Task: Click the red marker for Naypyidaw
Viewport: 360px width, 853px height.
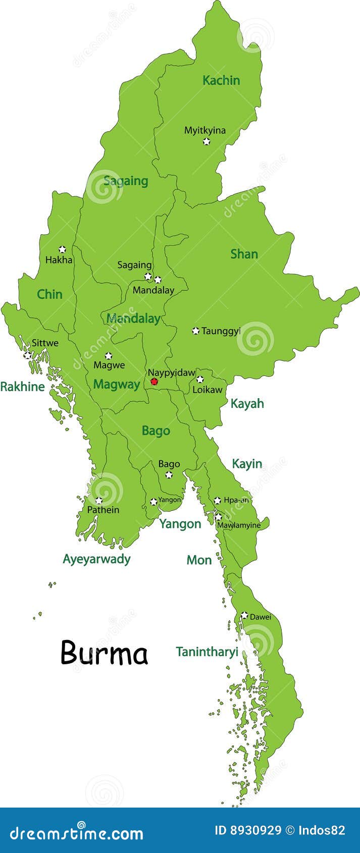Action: [x=154, y=382]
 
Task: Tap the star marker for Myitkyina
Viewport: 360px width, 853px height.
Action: [x=207, y=141]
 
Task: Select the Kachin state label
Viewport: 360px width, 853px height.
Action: [x=221, y=80]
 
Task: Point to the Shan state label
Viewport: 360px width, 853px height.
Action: [x=244, y=254]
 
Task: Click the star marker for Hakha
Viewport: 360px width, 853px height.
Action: [x=62, y=249]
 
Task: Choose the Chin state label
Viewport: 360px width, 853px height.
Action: [x=49, y=294]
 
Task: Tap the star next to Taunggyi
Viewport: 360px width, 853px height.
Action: [x=195, y=331]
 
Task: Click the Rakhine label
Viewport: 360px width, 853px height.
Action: [x=22, y=387]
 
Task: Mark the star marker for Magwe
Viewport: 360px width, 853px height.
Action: [x=108, y=356]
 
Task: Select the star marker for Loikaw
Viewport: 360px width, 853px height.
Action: [x=200, y=379]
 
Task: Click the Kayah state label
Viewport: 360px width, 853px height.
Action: [x=247, y=403]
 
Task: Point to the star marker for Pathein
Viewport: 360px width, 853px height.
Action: [x=99, y=501]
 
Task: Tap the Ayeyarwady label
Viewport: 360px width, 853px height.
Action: [x=96, y=559]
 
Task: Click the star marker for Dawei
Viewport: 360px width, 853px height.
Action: [x=244, y=615]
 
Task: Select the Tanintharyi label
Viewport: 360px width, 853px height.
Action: [x=207, y=652]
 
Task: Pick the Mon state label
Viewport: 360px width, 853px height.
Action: [x=199, y=560]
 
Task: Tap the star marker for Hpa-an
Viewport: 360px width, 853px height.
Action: [x=217, y=501]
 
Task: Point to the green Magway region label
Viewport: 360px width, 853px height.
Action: [x=116, y=385]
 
